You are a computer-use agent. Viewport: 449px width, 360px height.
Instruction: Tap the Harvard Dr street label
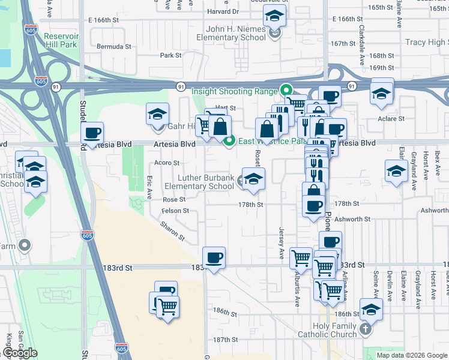223,12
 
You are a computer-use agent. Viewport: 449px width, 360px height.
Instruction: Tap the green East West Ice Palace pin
229,142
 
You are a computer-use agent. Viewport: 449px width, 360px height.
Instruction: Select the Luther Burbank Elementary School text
199,182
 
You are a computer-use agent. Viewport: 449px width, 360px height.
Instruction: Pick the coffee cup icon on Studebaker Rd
92,133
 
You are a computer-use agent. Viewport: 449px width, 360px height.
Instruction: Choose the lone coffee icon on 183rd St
214,258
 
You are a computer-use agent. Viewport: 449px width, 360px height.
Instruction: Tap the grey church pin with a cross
366,329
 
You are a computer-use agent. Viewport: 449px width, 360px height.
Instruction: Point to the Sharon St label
172,230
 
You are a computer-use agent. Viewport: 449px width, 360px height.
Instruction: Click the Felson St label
175,211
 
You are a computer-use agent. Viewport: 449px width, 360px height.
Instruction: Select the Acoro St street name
167,163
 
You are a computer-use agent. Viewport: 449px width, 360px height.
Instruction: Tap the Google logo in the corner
20,353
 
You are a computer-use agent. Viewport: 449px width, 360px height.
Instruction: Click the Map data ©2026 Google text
412,355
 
